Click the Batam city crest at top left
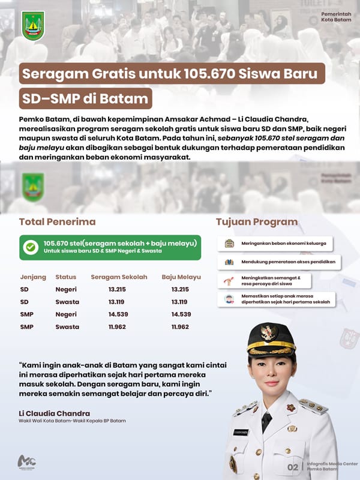(33, 26)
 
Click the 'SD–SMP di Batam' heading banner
(85, 97)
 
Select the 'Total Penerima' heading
(57, 221)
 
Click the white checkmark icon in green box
(29, 247)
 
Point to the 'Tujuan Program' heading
(256, 221)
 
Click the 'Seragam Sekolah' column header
(119, 277)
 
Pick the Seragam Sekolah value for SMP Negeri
(118, 314)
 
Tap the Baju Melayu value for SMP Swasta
(180, 327)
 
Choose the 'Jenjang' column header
(32, 277)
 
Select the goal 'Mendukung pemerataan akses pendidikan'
(279, 262)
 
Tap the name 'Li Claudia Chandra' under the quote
(55, 413)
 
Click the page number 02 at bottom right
(293, 467)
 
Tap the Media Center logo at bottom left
(27, 463)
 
